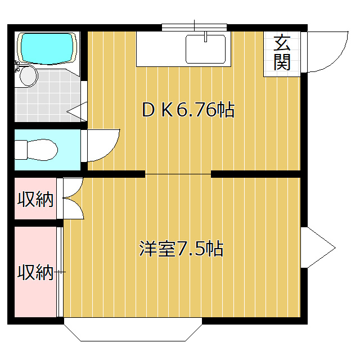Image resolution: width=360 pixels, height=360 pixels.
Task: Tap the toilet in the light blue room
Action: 37,150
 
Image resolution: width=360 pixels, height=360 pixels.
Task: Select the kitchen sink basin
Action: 206,49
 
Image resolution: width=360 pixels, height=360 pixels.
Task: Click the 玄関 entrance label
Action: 282,52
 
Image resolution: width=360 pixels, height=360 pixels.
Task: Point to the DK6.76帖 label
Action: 188,110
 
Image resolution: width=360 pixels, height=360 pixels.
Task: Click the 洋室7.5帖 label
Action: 181,248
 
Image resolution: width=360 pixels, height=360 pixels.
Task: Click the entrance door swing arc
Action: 326,52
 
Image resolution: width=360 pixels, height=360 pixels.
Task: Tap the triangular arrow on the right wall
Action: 317,247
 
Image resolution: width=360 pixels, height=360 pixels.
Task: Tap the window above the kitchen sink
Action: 194,26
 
